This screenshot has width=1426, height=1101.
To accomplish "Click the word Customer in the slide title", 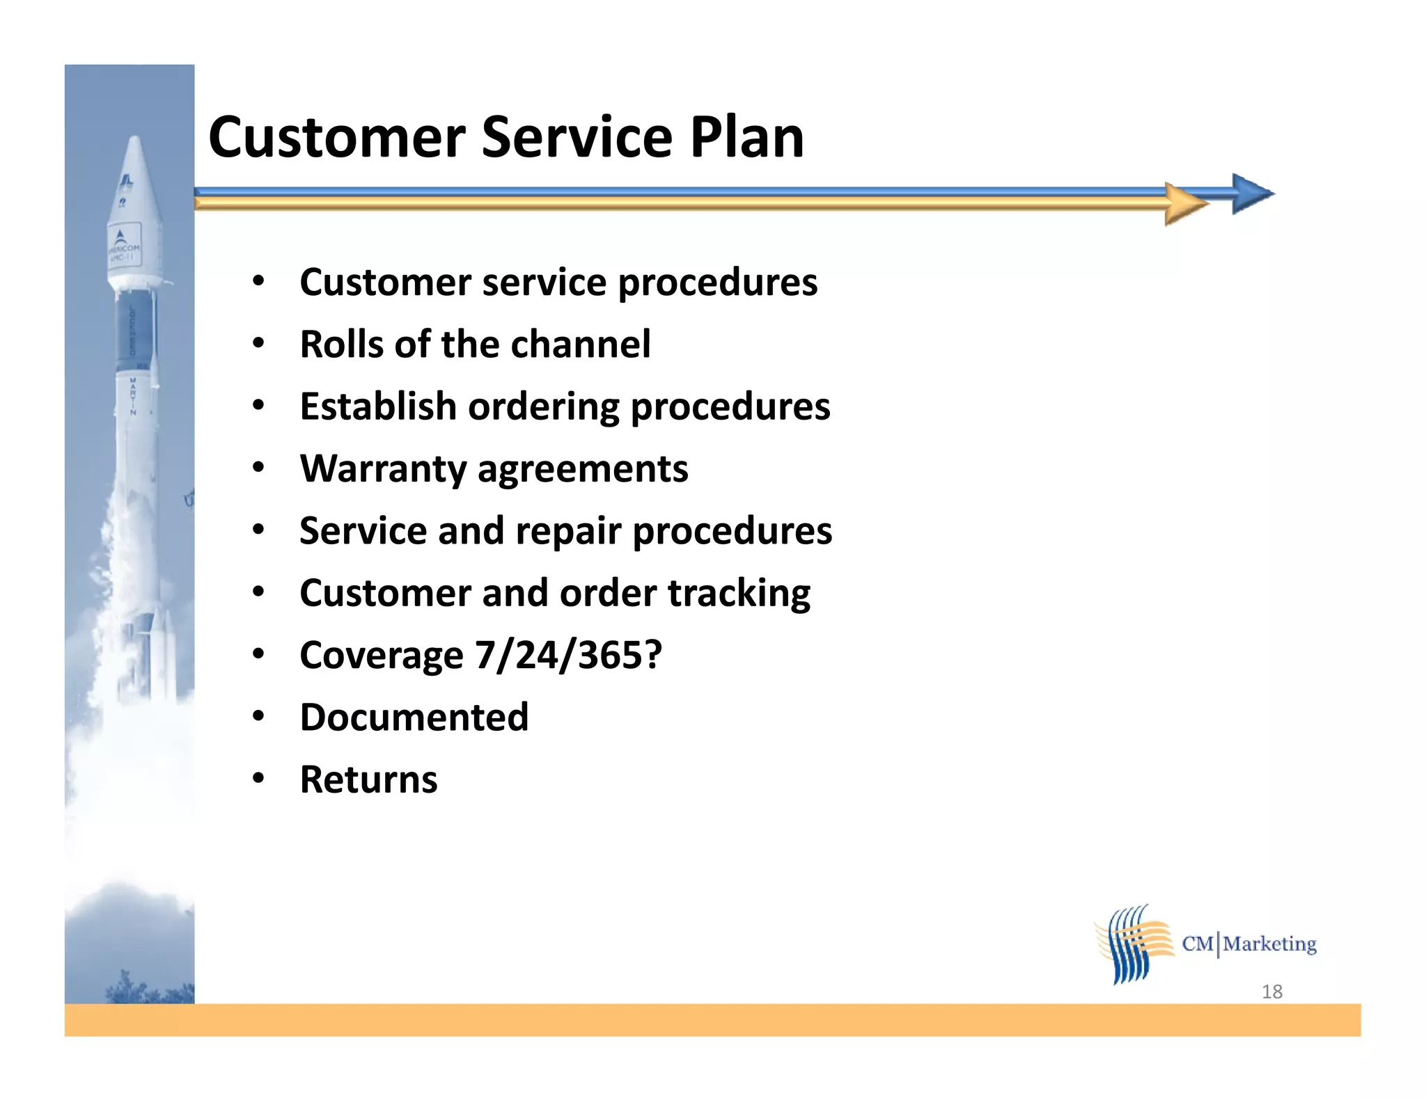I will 336,138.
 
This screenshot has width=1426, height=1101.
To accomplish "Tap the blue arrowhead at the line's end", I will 1251,194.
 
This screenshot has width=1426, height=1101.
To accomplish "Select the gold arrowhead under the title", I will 1185,204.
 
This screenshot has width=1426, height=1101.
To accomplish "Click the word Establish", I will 377,406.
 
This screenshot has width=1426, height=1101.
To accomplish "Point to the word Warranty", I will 382,470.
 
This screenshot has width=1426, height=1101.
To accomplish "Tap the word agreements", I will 583,470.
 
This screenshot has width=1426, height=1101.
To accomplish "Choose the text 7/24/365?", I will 568,656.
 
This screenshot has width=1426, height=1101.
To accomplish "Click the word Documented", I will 414,718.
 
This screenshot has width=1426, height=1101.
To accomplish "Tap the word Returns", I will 368,779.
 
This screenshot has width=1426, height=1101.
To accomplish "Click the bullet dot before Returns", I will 258,779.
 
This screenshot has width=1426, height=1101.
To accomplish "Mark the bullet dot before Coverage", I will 258,654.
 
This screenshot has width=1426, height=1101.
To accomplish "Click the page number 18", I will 1271,992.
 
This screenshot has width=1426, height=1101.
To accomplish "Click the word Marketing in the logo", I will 1269,944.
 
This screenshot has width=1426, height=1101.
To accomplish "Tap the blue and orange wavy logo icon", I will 1133,944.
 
